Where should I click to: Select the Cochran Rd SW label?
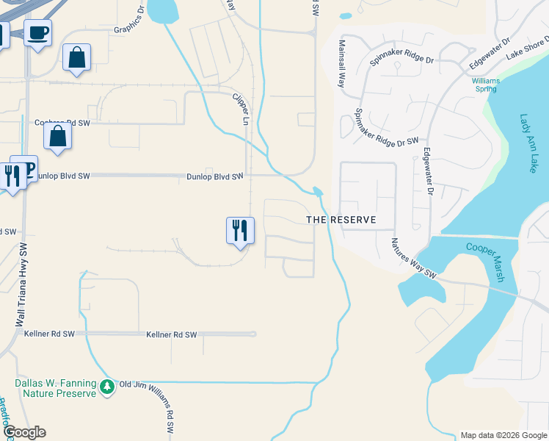62,123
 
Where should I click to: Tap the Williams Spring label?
484,85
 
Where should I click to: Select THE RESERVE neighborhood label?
341,220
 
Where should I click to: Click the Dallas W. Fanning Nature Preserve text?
56,388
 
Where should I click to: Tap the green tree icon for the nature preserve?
107,387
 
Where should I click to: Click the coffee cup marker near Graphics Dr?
37,32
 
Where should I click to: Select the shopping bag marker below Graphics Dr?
76,57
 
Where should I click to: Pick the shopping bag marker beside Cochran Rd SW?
57,136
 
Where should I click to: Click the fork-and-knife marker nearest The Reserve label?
240,230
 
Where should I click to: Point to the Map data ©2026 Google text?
503,435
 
